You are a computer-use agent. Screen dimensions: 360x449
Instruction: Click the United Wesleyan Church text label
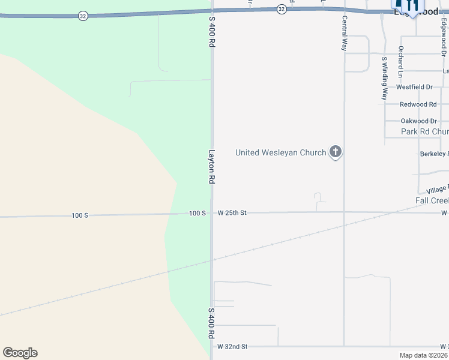pyautogui.click(x=280, y=152)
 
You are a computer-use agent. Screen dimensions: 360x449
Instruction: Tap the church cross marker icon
pyautogui.click(x=336, y=152)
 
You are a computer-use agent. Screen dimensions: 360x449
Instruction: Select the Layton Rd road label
pyautogui.click(x=212, y=166)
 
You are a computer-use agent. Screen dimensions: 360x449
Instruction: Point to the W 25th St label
pyautogui.click(x=232, y=213)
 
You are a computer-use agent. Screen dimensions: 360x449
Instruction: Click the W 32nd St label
pyautogui.click(x=232, y=347)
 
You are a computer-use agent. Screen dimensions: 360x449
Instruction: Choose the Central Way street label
pyautogui.click(x=345, y=33)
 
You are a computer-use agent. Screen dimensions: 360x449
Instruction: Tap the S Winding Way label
pyautogui.click(x=384, y=78)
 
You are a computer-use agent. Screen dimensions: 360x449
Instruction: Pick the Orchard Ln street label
pyautogui.click(x=400, y=62)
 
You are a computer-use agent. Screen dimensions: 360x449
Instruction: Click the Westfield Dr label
pyautogui.click(x=414, y=87)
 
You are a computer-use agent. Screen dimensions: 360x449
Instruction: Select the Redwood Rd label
pyautogui.click(x=418, y=104)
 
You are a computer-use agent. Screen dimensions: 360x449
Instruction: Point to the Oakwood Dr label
pyautogui.click(x=418, y=121)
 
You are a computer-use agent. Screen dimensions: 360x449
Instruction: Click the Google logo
pyautogui.click(x=20, y=353)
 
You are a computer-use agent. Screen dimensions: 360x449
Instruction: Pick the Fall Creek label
pyautogui.click(x=432, y=200)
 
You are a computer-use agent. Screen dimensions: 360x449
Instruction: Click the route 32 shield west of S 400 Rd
pyautogui.click(x=83, y=16)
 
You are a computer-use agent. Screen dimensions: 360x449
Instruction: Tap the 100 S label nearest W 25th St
pyautogui.click(x=197, y=213)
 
